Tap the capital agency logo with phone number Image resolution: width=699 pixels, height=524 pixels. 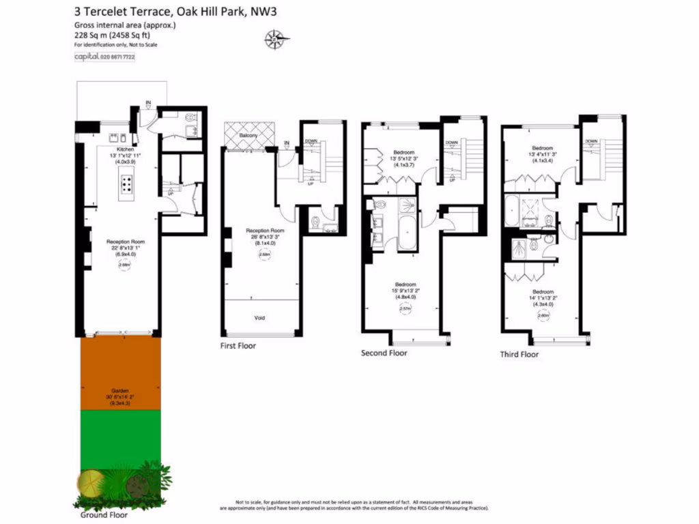pos(104,57)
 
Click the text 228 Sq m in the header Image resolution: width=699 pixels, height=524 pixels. pos(87,35)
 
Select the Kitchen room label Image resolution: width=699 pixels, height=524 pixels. pos(125,149)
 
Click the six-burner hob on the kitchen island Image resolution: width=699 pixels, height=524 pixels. pos(128,182)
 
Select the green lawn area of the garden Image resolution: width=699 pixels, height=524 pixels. pos(120,437)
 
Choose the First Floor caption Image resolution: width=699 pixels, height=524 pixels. pos(238,346)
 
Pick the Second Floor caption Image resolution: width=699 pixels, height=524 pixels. pos(384,353)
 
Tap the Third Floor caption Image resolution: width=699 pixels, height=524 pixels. pos(519,354)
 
